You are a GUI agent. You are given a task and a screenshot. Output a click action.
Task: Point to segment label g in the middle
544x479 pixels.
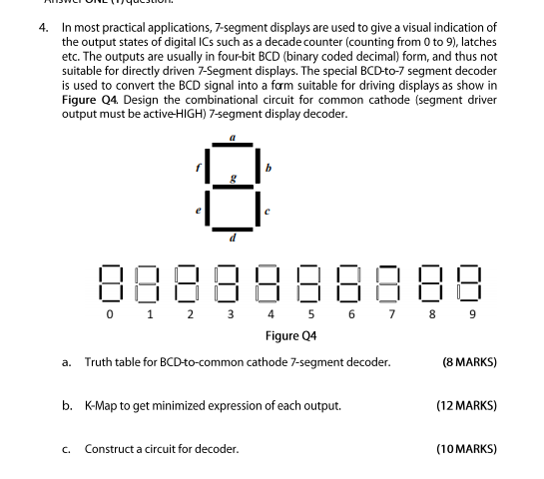coord(235,178)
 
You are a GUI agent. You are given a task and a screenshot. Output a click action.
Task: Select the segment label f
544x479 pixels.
coord(198,168)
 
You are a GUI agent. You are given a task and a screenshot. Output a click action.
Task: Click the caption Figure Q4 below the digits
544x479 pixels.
coord(293,336)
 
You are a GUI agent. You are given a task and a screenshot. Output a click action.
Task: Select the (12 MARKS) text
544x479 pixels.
coord(466,405)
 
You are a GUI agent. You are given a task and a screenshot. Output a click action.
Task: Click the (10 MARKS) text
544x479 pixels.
coord(466,449)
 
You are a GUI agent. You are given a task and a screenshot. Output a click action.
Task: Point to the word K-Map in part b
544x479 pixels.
coord(105,405)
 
